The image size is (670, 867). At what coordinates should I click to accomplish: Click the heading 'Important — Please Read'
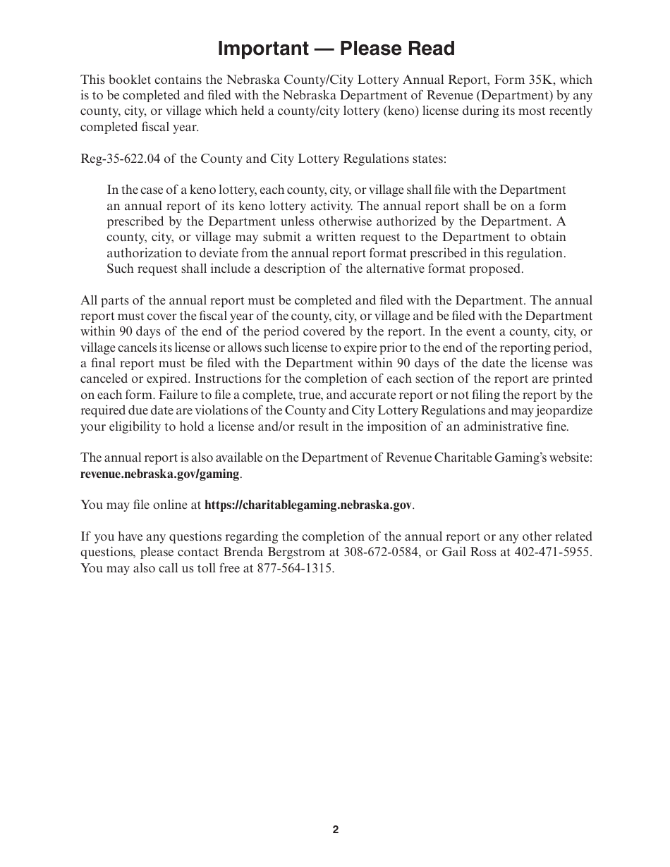click(336, 49)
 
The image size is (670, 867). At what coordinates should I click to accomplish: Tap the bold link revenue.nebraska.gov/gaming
click(160, 474)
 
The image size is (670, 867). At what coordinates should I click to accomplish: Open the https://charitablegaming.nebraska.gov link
click(308, 505)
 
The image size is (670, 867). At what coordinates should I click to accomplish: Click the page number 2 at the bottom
click(336, 830)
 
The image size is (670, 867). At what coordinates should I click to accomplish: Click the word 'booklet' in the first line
click(126, 80)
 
